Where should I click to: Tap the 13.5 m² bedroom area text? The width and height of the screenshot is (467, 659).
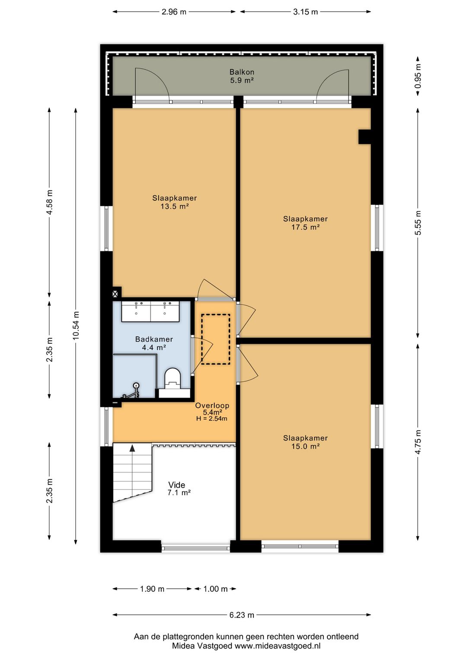174,206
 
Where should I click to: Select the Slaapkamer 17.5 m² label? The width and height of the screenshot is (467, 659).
305,223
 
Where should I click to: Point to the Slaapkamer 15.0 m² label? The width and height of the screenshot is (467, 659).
305,442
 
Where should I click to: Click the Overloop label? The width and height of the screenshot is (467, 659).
212,406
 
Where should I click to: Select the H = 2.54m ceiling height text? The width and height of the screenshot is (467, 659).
211,418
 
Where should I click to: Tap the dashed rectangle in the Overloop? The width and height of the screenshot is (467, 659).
216,339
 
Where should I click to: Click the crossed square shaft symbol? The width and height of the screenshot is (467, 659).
115,294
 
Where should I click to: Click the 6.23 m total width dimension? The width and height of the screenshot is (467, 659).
242,615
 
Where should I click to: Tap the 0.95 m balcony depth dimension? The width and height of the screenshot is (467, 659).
418,76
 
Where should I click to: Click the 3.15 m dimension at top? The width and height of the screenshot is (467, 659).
305,12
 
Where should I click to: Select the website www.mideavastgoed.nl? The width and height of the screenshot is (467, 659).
277,646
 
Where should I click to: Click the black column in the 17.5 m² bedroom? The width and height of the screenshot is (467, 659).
365,137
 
